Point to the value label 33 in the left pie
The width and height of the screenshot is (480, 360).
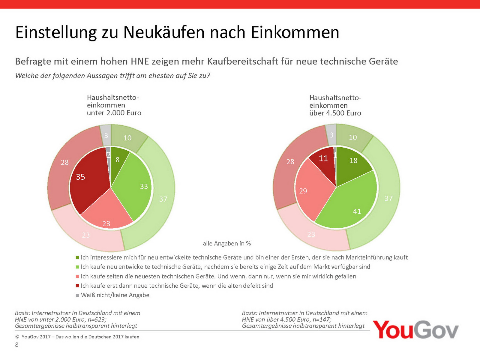144,187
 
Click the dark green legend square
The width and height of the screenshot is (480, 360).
77,257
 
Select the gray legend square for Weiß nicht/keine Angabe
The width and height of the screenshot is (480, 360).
77,295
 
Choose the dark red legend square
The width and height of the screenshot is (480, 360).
77,286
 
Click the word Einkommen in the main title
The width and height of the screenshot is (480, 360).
295,32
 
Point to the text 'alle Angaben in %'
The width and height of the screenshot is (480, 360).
227,244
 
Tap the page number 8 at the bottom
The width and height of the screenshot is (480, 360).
17,345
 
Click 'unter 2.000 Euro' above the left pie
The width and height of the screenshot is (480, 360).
114,113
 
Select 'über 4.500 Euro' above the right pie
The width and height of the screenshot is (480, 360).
335,113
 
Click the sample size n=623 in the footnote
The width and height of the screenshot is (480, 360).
97,319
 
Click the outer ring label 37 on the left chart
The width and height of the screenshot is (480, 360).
163,199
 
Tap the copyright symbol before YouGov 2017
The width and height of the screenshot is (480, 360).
17,337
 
